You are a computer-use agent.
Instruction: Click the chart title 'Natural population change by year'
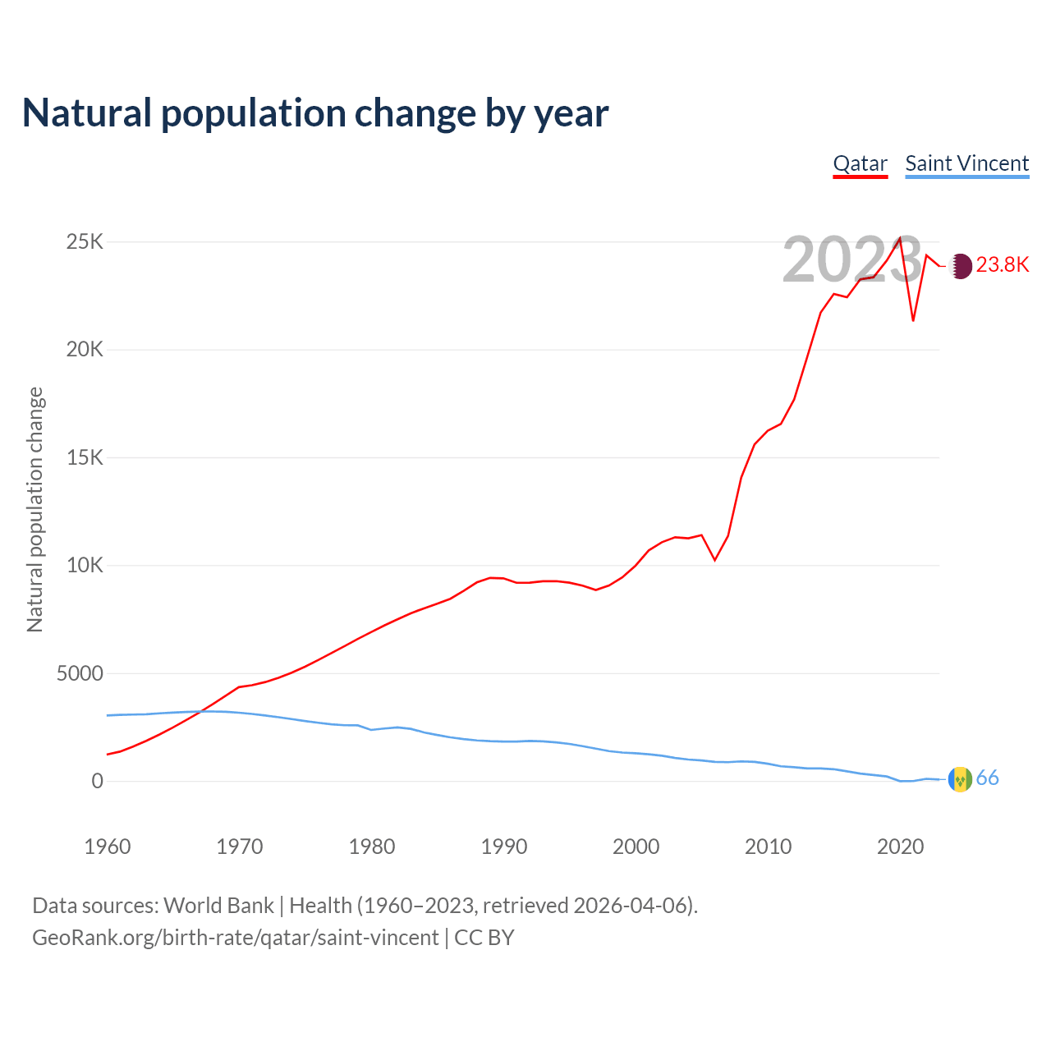point(314,113)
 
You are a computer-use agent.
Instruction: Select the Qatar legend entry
point(860,163)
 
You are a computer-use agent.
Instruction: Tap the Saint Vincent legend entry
point(966,163)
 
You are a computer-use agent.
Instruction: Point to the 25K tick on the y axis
point(85,242)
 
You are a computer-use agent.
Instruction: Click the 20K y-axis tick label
point(85,350)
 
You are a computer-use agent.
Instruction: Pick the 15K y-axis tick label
point(85,457)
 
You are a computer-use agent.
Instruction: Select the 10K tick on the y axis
point(85,566)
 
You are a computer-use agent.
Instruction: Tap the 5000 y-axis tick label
point(80,673)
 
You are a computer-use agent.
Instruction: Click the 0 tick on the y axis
point(98,781)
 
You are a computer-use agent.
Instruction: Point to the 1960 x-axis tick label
point(108,847)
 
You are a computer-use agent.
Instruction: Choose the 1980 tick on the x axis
point(372,847)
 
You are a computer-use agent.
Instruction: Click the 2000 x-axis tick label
point(636,847)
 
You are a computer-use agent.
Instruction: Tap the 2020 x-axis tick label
point(901,847)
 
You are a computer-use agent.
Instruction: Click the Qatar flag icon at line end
point(959,265)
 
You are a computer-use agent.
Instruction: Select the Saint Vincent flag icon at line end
point(959,779)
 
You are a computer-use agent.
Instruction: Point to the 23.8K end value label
point(1003,264)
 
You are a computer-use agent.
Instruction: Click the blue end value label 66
point(988,778)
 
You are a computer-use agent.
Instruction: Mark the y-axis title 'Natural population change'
point(35,510)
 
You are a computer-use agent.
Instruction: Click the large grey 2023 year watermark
point(851,260)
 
